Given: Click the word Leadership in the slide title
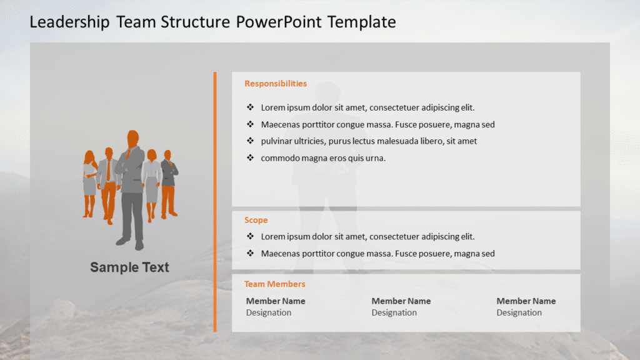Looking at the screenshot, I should tap(69, 22).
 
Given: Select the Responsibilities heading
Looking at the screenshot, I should tap(276, 84).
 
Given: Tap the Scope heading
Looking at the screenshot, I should tap(256, 220).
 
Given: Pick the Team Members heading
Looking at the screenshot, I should tap(275, 284).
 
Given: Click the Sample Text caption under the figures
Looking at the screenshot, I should tap(129, 267).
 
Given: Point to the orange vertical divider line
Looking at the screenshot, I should tap(215, 200).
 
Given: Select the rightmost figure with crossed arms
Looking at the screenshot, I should tap(169, 178).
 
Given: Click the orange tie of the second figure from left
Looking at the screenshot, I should tap(108, 170).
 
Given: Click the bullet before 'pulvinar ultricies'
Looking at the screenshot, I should tap(250, 141).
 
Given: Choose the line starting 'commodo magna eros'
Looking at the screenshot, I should tap(323, 158).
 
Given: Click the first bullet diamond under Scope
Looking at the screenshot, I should tap(250, 237).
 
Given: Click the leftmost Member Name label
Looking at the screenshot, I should tap(276, 301).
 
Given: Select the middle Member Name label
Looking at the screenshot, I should tap(401, 301).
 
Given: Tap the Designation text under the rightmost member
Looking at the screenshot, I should tap(519, 312).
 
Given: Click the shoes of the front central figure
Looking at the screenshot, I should tap(131, 242).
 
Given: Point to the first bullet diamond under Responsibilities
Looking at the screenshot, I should tap(250, 107).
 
